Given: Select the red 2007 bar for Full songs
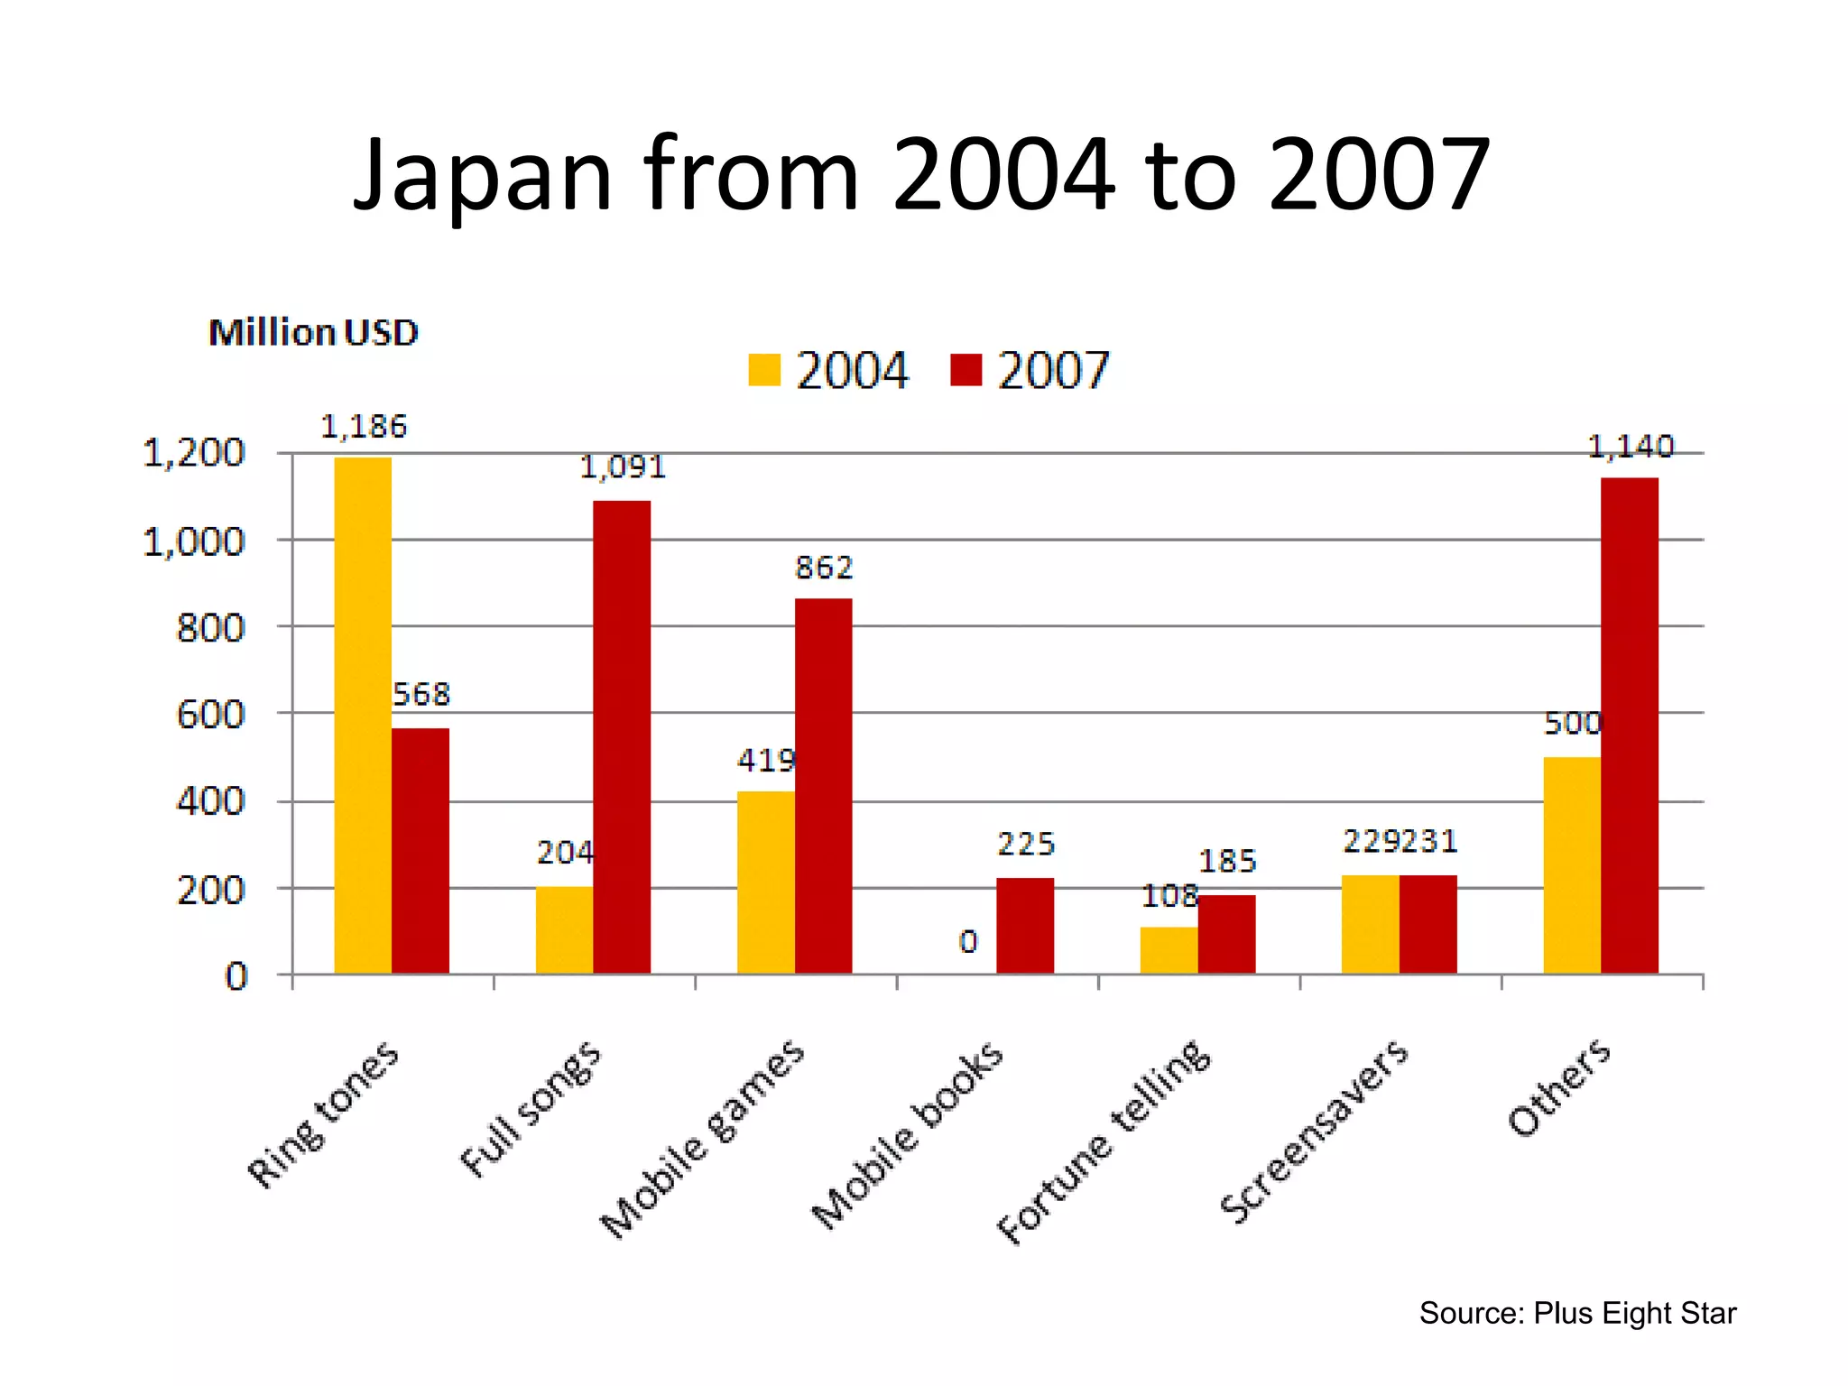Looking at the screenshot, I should click(622, 736).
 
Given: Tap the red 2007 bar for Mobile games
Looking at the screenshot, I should click(823, 785).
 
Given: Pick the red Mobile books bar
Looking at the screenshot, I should click(1025, 925).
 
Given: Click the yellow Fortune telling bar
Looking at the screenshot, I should click(1169, 950).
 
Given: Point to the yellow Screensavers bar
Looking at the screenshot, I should click(1370, 924).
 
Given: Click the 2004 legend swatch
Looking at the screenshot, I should click(764, 370).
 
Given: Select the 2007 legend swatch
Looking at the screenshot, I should click(966, 370).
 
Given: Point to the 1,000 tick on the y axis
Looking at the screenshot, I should click(194, 542).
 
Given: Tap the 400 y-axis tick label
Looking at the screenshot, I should click(210, 801).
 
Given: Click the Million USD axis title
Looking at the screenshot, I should click(313, 333).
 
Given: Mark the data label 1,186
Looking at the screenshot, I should click(364, 427).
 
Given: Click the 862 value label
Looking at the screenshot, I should click(823, 568).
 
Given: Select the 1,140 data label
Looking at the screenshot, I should click(1630, 447).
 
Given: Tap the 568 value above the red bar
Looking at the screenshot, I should click(421, 694).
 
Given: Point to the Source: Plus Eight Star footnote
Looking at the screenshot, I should click(1577, 1313).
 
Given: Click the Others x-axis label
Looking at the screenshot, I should click(1559, 1087).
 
